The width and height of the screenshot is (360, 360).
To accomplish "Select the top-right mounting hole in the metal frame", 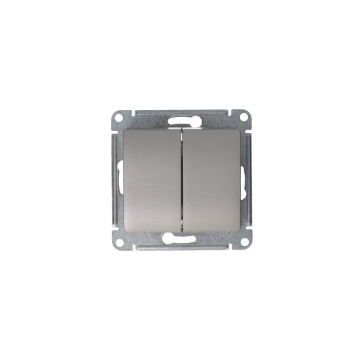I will coord(244,118).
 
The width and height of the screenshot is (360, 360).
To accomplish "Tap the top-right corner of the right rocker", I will coord(236,129).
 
